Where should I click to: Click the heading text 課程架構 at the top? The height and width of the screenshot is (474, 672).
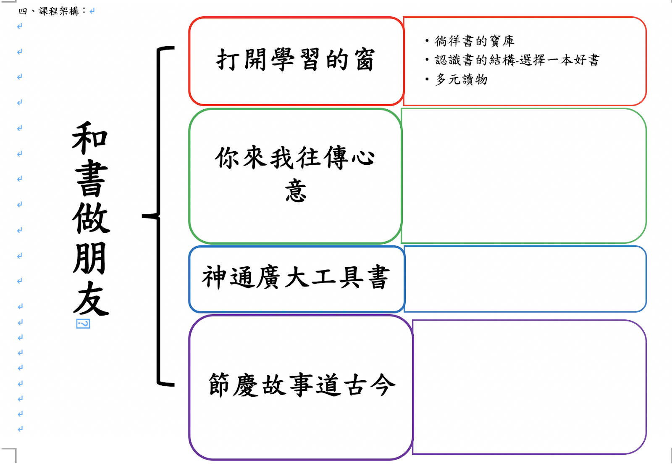[59, 11]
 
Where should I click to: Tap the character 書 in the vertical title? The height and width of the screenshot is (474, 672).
[91, 178]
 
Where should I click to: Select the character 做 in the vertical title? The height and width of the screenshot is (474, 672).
[91, 219]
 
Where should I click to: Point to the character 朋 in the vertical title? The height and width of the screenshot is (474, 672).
[89, 258]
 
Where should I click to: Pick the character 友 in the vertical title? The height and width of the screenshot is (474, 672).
[91, 299]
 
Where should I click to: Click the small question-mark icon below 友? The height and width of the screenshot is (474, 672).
[83, 324]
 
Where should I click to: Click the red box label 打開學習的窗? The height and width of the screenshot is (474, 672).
[295, 60]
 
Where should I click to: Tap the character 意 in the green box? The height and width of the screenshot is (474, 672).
[296, 191]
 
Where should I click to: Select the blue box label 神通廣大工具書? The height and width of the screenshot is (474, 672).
[296, 277]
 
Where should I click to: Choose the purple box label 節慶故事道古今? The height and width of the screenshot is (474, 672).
[302, 385]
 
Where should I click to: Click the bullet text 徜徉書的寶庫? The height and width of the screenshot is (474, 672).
[474, 41]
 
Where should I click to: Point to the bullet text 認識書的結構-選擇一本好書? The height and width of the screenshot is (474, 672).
[517, 60]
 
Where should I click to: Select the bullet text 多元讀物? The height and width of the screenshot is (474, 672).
[461, 79]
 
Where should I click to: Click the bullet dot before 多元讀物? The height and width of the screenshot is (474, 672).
[427, 79]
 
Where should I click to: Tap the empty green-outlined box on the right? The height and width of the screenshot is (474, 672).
[523, 176]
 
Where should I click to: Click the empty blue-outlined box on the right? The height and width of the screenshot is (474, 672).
[525, 279]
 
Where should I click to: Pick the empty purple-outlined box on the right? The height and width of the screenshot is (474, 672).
[529, 387]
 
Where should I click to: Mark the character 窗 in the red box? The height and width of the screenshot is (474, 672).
[364, 60]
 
